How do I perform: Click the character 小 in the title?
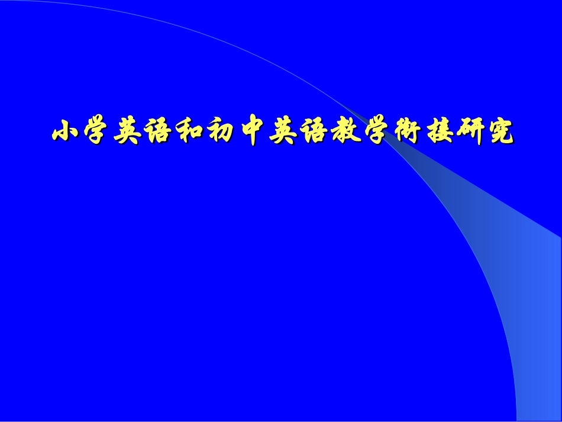click(x=66, y=131)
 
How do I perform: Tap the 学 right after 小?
click(x=96, y=131)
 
